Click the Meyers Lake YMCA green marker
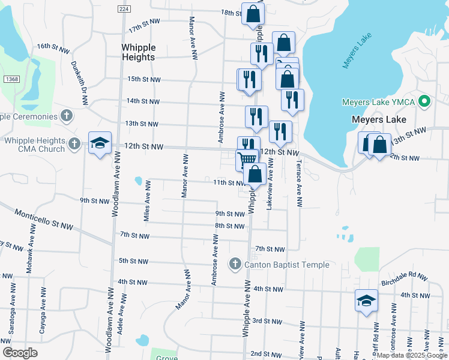click(x=425, y=101)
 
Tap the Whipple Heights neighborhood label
click(x=138, y=52)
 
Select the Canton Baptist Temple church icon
click(x=235, y=264)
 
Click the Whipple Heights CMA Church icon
click(x=74, y=143)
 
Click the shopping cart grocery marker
click(x=247, y=160)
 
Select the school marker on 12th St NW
click(x=100, y=143)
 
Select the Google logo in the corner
click(x=20, y=353)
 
